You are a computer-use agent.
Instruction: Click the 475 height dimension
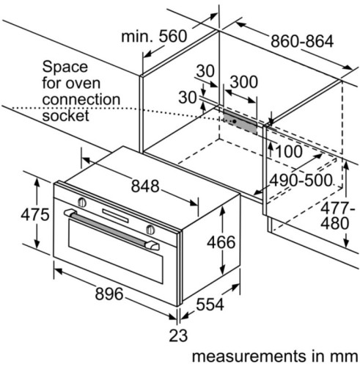click(x=15, y=214)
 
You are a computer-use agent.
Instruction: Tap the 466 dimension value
click(x=220, y=242)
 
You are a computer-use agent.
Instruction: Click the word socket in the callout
click(x=65, y=116)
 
